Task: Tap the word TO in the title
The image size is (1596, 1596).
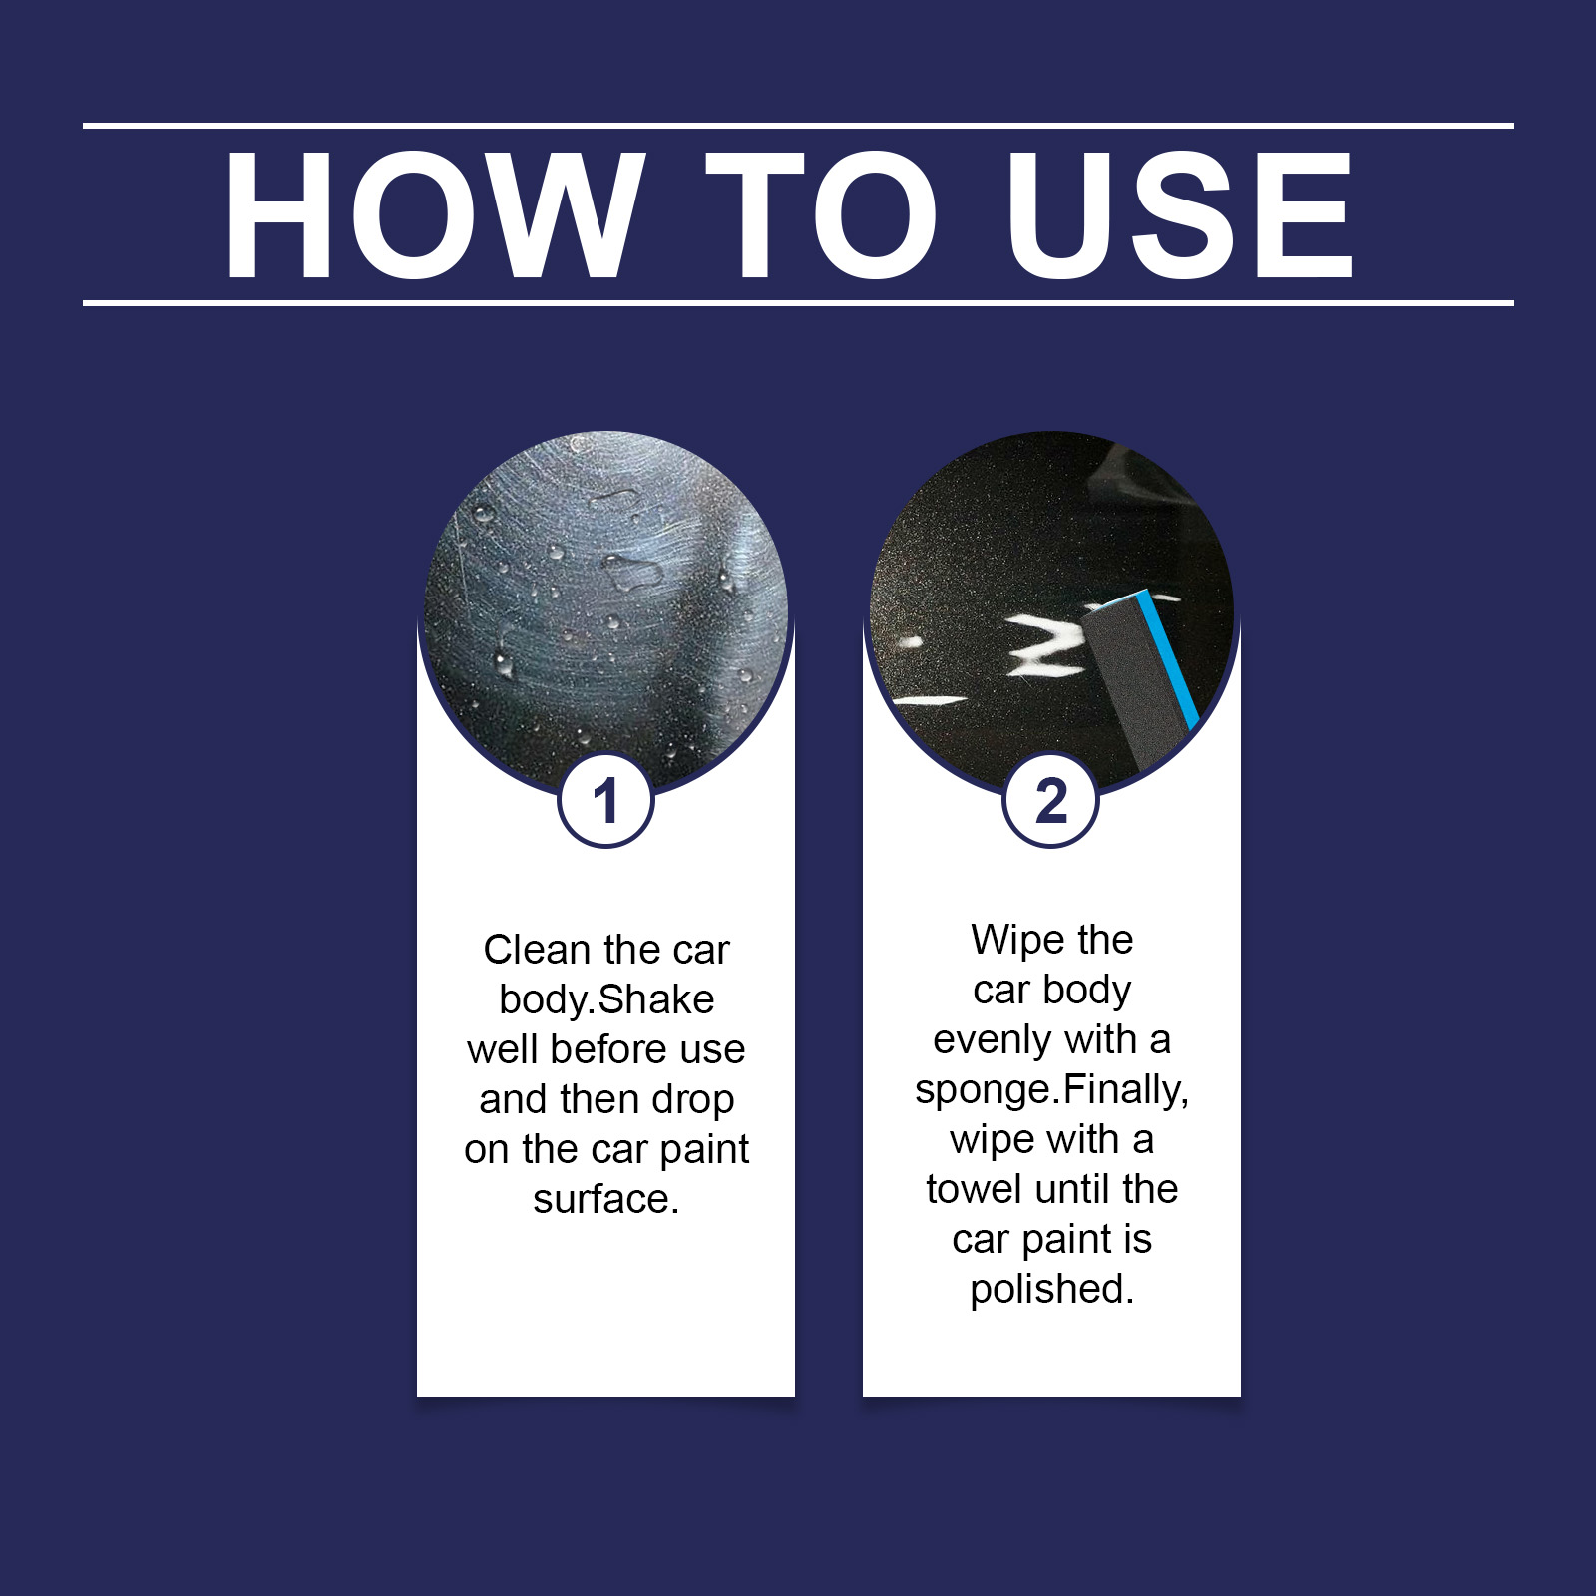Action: (x=821, y=214)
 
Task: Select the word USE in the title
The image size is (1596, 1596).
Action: (x=1180, y=214)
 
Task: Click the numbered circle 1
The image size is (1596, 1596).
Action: (x=605, y=800)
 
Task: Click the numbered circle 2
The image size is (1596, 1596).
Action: (x=1051, y=800)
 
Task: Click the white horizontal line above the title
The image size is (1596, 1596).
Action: (x=798, y=126)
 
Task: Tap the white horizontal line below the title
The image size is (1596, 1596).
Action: (x=798, y=302)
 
